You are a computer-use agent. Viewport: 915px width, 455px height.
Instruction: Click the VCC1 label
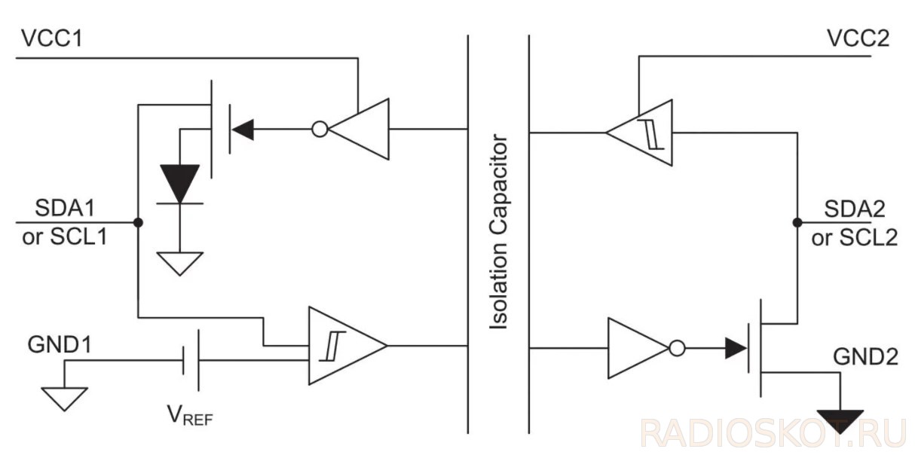point(51,38)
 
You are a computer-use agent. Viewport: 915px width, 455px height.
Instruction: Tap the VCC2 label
point(858,38)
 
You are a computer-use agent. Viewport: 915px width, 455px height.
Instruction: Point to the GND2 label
point(865,357)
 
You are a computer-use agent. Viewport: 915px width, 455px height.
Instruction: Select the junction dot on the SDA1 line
point(138,223)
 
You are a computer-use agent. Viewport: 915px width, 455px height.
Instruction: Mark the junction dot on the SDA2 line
point(797,223)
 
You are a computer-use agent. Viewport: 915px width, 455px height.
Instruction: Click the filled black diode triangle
point(180,182)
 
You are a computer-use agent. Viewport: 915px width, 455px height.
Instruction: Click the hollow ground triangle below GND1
point(64,397)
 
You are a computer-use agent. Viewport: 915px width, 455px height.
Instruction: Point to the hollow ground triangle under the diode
point(180,262)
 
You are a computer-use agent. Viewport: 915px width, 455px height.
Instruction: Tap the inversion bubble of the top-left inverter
point(320,130)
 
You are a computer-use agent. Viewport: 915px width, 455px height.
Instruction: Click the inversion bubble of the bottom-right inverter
point(677,348)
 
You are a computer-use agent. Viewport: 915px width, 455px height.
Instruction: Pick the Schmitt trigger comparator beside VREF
point(343,346)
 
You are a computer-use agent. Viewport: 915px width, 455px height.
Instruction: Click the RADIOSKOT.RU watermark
point(773,435)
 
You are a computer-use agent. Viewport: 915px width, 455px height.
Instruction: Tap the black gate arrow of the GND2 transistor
point(735,348)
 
